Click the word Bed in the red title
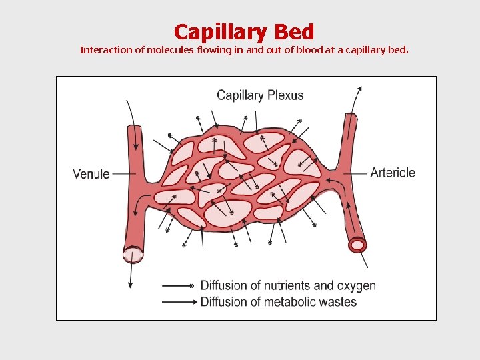point(293,32)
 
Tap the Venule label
point(91,174)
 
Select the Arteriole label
point(393,173)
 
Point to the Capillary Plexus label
point(260,95)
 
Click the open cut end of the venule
point(133,255)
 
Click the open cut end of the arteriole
point(358,245)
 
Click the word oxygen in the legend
point(356,285)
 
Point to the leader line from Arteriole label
point(358,173)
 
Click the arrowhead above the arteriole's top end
point(360,89)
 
